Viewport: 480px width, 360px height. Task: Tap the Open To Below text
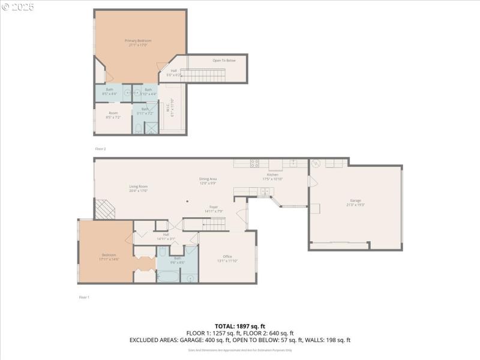coord(224,61)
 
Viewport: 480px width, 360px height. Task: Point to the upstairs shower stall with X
coord(151,127)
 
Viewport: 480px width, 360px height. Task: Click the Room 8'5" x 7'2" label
coord(113,115)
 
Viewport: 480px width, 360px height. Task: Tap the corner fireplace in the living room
coord(106,209)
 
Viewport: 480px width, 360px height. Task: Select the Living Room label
coord(138,188)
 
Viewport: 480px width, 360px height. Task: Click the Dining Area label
coord(208,181)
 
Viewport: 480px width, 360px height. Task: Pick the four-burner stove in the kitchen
coord(254,163)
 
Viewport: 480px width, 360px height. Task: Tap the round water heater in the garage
coord(316,163)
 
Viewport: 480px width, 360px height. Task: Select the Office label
coord(227,259)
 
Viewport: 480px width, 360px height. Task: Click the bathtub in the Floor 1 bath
coord(168,276)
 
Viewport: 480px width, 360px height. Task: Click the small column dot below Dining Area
coord(188,202)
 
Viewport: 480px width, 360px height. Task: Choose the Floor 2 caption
coord(100,148)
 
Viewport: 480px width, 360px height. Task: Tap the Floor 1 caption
coord(84,297)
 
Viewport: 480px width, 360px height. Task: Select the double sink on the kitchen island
coord(265,191)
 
